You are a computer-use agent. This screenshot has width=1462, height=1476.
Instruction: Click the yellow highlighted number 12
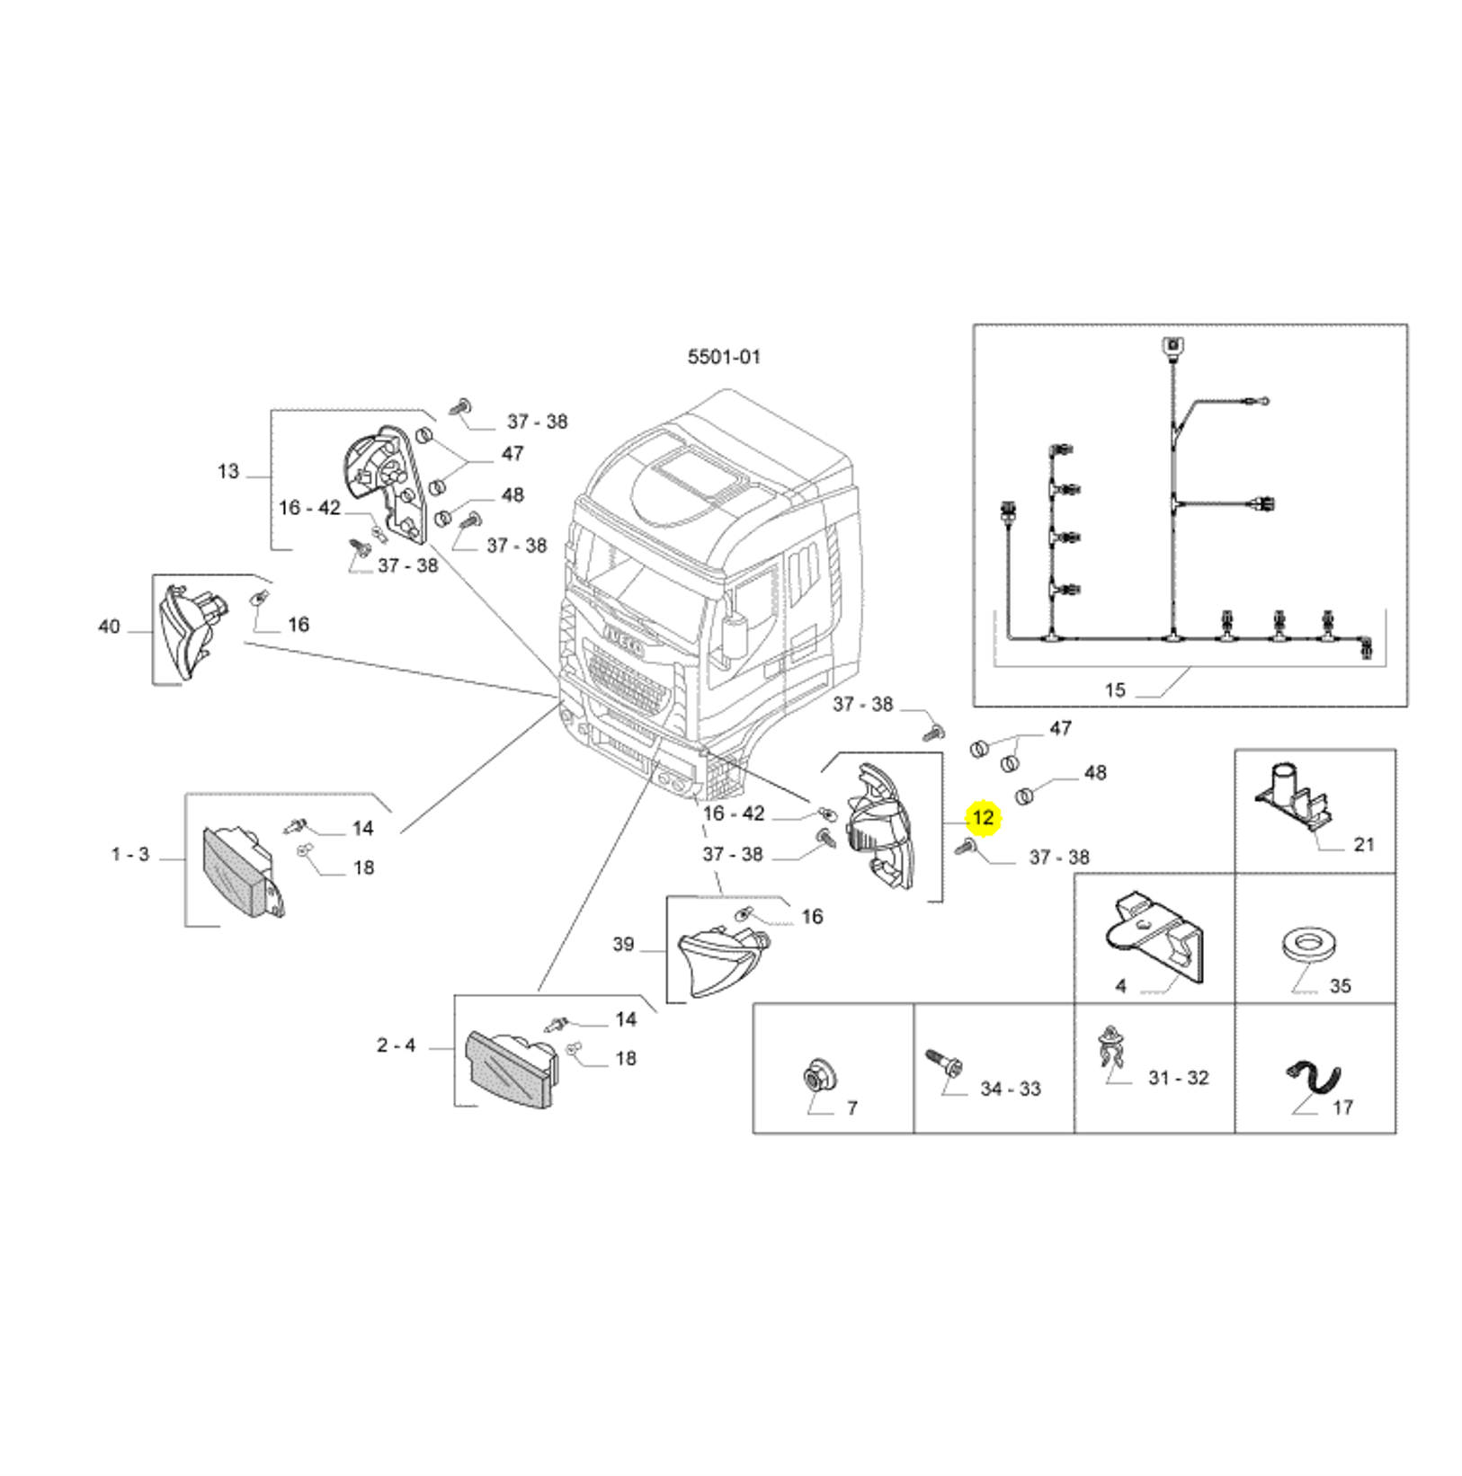[x=983, y=817]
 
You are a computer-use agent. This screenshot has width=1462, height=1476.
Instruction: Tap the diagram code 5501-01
[x=724, y=357]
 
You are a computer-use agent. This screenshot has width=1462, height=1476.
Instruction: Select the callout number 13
[x=228, y=471]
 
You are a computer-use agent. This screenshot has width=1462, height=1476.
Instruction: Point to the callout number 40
[x=109, y=626]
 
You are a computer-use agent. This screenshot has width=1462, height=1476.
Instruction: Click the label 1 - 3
[x=130, y=854]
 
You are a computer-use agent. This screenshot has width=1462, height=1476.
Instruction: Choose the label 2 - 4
[x=396, y=1045]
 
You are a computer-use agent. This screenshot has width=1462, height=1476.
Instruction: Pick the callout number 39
[x=623, y=944]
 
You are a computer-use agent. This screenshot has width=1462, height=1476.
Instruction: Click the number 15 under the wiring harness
[x=1115, y=689]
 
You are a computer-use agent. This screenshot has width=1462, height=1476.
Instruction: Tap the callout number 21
[x=1364, y=843]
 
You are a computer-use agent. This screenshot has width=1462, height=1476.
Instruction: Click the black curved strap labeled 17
[x=1315, y=1077]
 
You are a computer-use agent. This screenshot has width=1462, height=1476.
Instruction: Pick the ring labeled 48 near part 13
[x=442, y=518]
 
